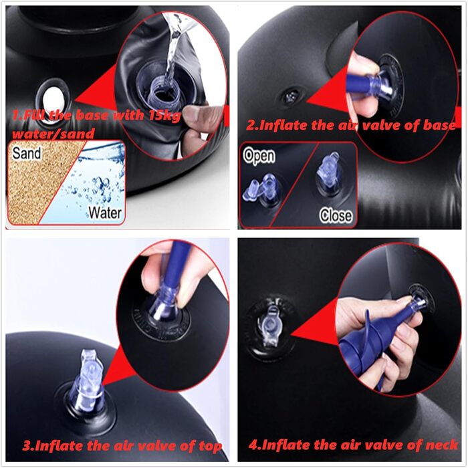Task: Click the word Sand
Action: tap(27, 153)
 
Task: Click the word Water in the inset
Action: tap(105, 213)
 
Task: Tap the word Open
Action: tap(259, 156)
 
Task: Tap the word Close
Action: tap(336, 215)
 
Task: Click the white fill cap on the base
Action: tap(53, 100)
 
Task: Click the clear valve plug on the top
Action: tap(88, 379)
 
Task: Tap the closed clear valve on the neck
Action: tap(269, 326)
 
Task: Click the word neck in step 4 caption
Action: tap(442, 445)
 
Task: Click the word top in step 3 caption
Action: tap(211, 446)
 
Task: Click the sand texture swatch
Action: tap(36, 182)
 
